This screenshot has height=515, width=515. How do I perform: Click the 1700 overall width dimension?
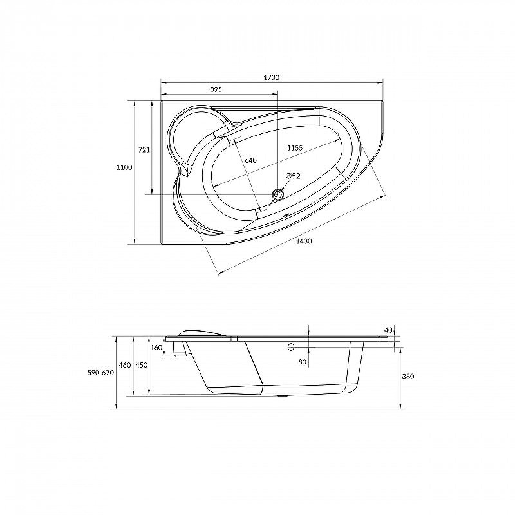[271, 77]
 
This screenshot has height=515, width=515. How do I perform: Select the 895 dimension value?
[216, 89]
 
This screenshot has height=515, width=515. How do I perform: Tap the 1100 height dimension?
[124, 167]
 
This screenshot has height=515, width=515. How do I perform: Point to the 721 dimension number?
[144, 150]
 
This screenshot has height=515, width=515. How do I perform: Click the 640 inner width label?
[250, 160]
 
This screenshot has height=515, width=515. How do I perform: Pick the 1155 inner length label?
[295, 148]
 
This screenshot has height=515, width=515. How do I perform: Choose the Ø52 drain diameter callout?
[293, 176]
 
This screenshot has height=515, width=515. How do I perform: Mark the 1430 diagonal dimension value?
[304, 241]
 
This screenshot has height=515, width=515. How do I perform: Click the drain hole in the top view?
[278, 194]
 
